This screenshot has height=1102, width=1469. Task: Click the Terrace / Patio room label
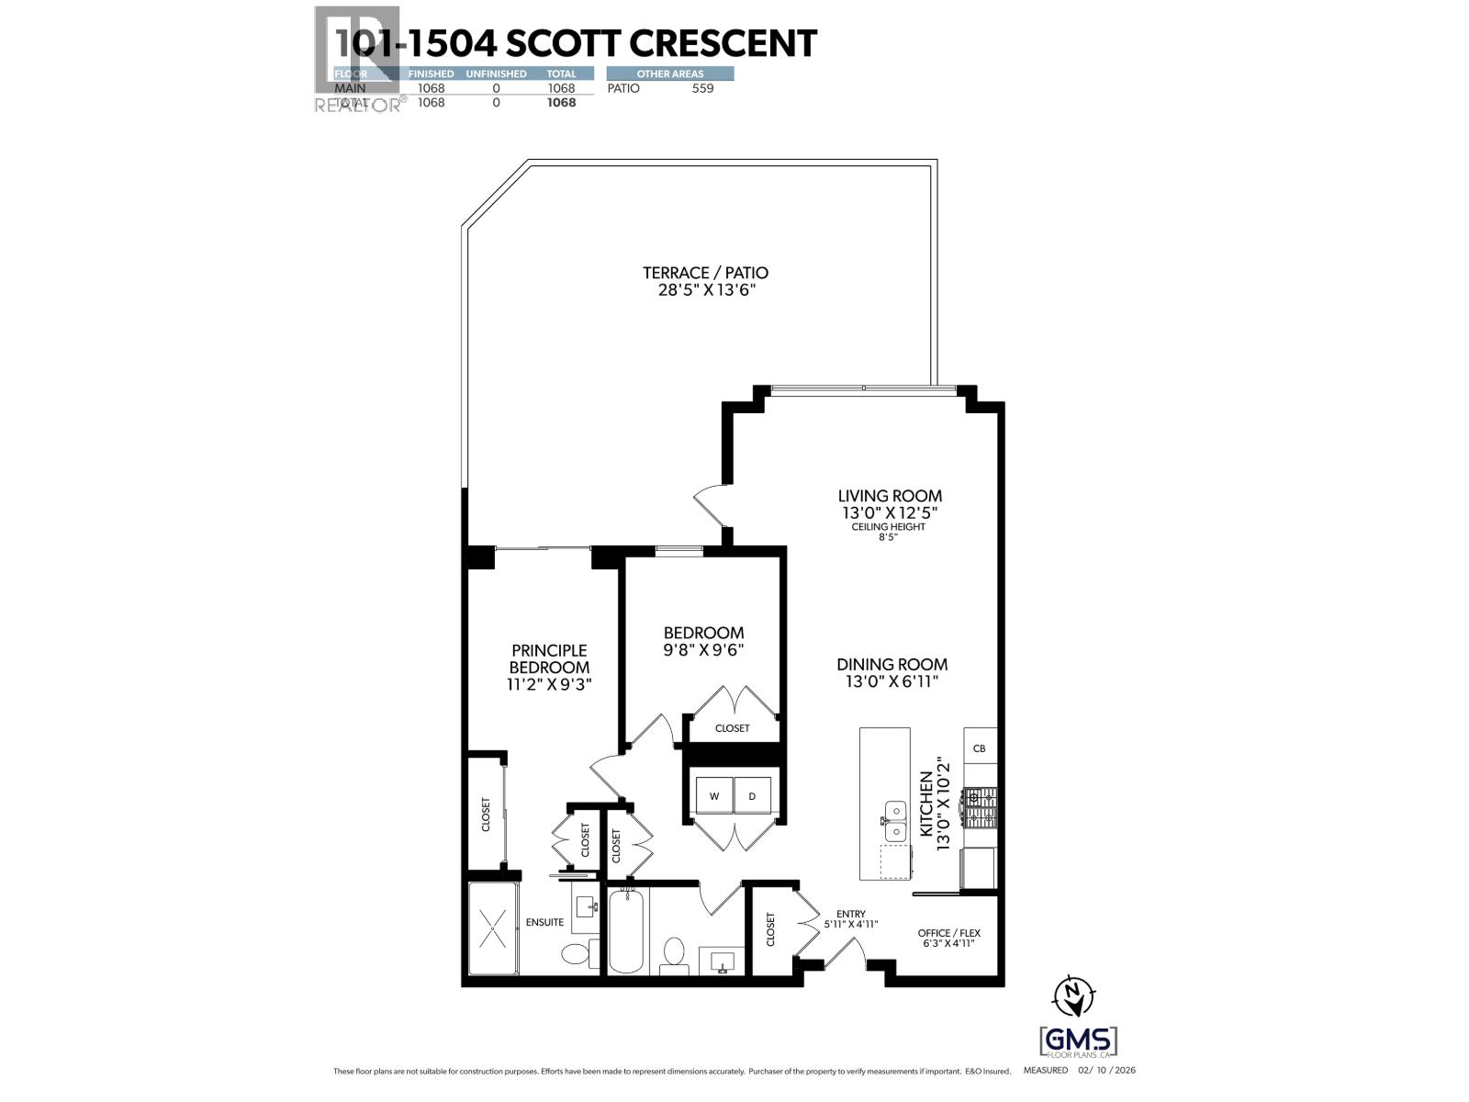point(705,273)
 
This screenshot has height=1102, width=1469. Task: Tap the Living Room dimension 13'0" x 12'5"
point(890,512)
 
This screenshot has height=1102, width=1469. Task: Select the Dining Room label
point(891,664)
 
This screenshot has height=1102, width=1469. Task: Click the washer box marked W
point(713,795)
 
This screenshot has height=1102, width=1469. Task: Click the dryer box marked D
point(752,795)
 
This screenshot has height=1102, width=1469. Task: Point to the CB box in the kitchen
point(979,748)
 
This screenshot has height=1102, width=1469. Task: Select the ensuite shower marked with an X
point(494,928)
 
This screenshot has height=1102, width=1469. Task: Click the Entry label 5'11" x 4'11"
point(850,919)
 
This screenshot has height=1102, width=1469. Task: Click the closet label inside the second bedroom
point(732,728)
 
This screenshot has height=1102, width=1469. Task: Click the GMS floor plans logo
point(1078,1041)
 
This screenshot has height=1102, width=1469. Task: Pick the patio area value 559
point(701,88)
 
